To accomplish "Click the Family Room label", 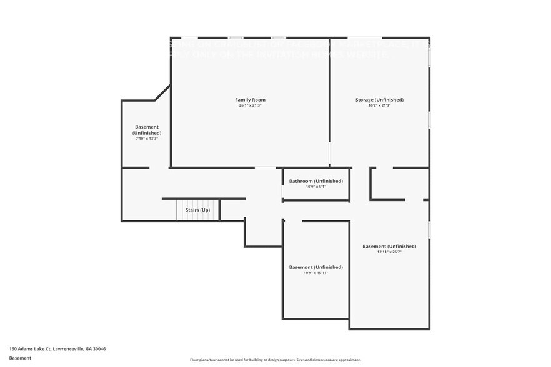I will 250,100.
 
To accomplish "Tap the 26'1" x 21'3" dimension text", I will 250,105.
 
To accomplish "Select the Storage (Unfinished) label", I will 379,100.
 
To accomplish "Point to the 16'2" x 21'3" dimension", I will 379,105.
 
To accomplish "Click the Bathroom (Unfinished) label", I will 315,181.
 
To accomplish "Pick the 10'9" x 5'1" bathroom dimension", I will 315,187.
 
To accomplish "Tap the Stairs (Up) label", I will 197,210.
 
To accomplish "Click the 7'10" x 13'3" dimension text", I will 147,139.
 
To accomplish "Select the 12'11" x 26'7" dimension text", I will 389,252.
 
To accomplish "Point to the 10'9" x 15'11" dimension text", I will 315,273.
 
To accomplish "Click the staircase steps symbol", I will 198,210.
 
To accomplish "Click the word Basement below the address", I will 20,358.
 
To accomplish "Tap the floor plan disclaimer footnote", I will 275,360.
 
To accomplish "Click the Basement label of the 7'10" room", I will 147,130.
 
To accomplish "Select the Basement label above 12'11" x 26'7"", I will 389,246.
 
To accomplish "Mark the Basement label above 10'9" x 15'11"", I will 315,267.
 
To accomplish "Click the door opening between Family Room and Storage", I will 330,154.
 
